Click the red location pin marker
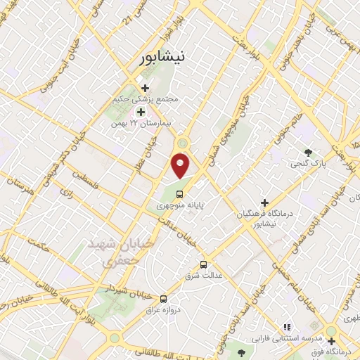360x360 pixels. tap(181, 165)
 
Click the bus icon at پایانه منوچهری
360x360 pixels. tap(180, 194)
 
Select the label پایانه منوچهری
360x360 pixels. tap(181, 207)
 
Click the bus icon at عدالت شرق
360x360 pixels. tap(203, 264)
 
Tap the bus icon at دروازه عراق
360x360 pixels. tap(163, 298)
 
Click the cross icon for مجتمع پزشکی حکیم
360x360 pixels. tap(145, 88)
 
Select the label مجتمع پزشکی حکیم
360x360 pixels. tap(148, 100)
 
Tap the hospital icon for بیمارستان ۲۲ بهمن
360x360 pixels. tap(140, 112)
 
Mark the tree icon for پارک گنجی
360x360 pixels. tap(308, 152)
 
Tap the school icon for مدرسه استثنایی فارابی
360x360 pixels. tap(286, 327)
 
